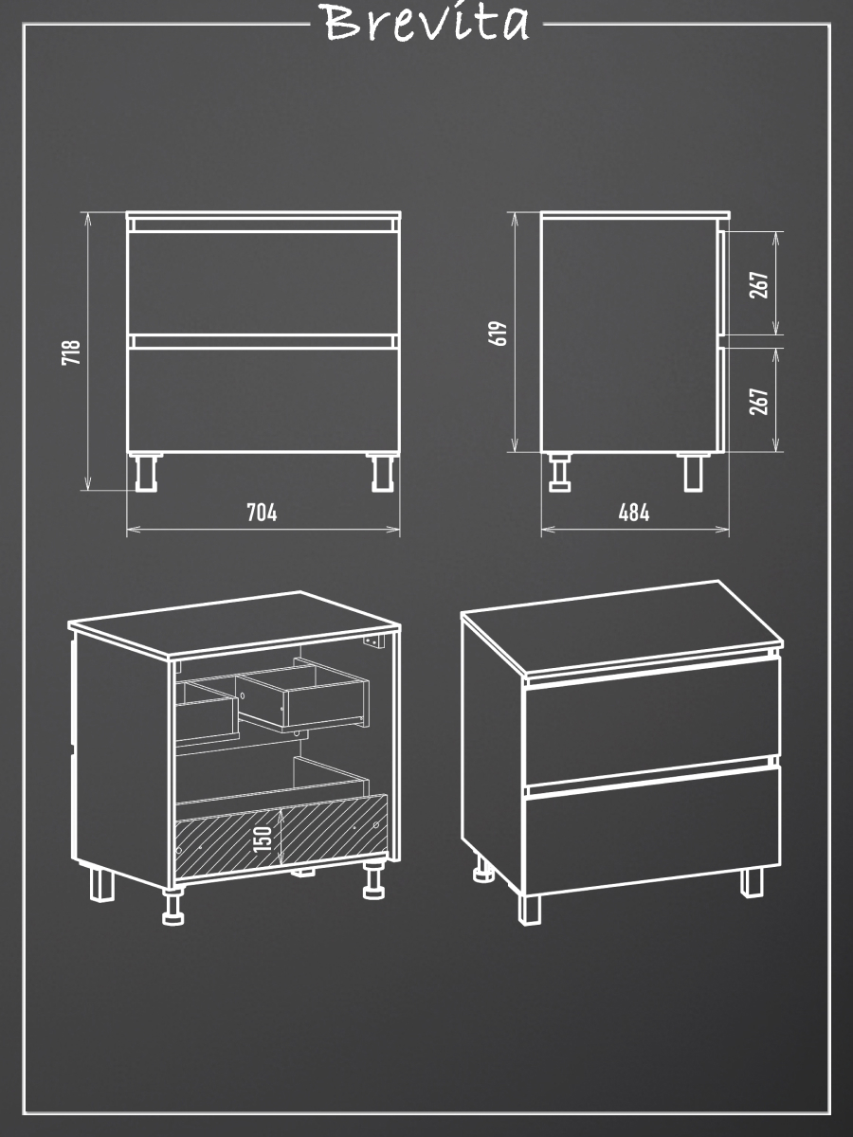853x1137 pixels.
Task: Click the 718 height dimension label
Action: click(71, 352)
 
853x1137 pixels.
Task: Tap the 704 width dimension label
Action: click(262, 513)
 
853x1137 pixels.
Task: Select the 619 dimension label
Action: click(499, 334)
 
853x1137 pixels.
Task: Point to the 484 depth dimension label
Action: click(633, 513)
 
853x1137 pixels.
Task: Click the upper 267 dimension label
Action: click(759, 285)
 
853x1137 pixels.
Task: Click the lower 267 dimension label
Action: click(759, 402)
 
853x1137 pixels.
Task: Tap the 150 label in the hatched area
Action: click(263, 839)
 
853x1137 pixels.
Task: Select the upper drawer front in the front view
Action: click(263, 282)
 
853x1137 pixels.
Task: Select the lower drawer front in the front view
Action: click(263, 400)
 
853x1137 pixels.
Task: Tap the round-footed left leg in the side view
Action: click(559, 473)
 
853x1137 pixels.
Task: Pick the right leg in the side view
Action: click(693, 473)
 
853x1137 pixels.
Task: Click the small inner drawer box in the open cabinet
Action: click(303, 695)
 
